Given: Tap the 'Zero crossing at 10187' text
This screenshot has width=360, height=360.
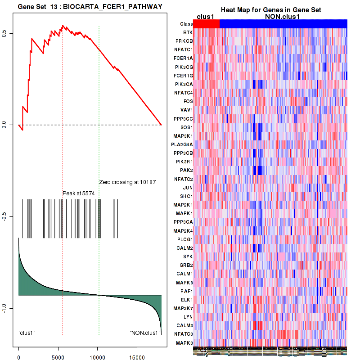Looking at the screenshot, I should click(x=127, y=182).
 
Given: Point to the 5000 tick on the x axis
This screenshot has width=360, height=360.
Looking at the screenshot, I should click(x=58, y=354).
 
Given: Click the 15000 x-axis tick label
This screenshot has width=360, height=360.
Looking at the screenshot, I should click(x=137, y=354).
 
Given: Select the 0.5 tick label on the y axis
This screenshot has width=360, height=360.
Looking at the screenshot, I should click(x=4, y=34).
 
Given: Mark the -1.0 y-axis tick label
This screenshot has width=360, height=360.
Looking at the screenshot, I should click(x=4, y=308).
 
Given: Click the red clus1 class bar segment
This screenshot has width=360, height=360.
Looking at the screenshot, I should click(x=207, y=24).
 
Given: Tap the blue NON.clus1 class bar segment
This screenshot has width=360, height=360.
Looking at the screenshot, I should click(x=283, y=24).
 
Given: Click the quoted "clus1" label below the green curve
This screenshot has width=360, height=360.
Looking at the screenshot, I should click(x=27, y=333).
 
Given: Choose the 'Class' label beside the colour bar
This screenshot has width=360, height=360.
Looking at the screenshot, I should click(x=186, y=24).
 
